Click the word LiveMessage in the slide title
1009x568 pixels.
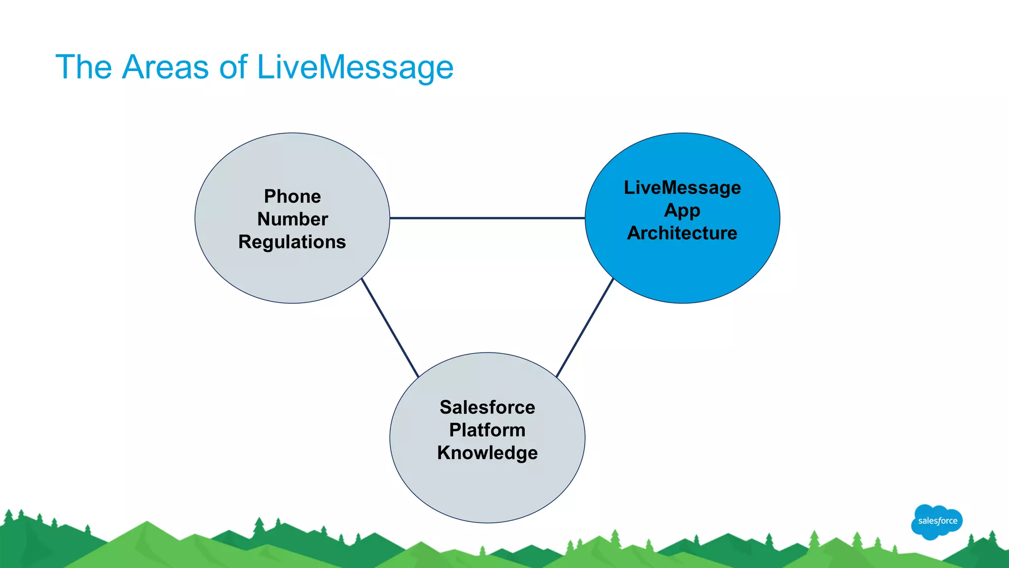pos(355,67)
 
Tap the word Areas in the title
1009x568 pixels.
pos(165,67)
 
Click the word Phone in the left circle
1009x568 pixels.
pos(292,196)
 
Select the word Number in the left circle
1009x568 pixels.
pos(292,219)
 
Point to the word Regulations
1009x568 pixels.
pos(292,242)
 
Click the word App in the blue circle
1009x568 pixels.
pos(682,211)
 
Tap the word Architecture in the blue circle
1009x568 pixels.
pos(682,233)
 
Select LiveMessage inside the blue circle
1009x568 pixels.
pos(682,188)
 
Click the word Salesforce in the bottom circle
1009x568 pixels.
pos(487,407)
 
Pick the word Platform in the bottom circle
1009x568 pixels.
pos(487,430)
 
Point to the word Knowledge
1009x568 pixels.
pos(487,453)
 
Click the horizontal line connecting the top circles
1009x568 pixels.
pos(487,218)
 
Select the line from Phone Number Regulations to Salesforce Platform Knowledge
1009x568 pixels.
pos(390,328)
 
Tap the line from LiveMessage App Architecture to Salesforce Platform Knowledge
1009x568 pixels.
pos(585,328)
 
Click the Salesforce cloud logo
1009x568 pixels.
pos(937,521)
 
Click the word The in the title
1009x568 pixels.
pos(84,67)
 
